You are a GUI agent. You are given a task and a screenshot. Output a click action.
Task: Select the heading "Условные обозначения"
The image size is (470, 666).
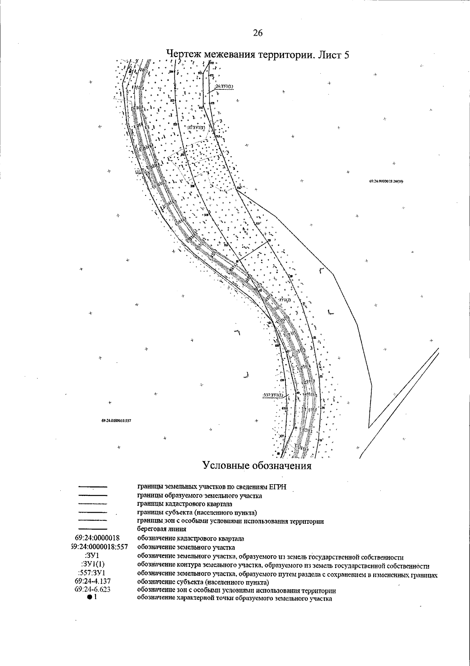click(x=257, y=466)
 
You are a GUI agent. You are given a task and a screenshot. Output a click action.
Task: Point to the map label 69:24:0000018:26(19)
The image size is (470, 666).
click(x=386, y=181)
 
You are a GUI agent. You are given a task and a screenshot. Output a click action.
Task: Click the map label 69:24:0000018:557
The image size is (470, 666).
click(x=116, y=420)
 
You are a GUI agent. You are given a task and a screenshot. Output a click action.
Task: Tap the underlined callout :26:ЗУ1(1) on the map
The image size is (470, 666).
click(x=224, y=87)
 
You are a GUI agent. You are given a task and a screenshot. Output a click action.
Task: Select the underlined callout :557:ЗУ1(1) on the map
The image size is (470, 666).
click(x=273, y=395)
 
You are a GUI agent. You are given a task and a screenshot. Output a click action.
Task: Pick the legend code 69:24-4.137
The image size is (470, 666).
click(x=92, y=581)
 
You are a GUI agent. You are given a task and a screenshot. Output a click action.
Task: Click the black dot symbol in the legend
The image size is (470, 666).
click(x=90, y=597)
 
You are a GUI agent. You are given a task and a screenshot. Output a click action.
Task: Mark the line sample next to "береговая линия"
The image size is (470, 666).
click(x=93, y=529)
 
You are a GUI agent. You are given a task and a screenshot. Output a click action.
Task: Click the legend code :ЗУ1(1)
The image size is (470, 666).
click(x=93, y=565)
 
